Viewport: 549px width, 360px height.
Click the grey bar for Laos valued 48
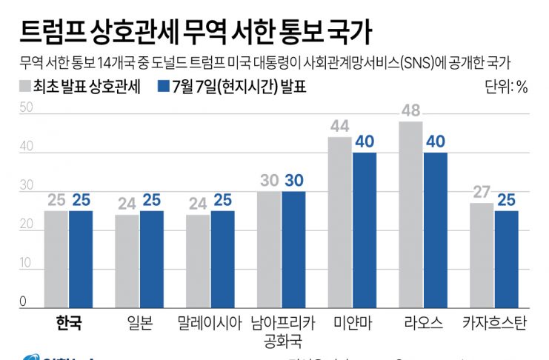point(411,215)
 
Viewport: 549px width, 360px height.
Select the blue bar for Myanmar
point(365,230)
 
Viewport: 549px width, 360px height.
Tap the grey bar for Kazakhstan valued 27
point(482,256)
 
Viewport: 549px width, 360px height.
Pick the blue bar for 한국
point(80,259)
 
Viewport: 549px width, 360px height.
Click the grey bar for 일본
point(127,261)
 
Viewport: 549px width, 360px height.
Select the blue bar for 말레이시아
point(222,259)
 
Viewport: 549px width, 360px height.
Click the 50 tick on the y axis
point(27,108)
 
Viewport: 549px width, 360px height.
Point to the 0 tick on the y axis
point(24,301)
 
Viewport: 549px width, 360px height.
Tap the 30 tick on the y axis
point(27,185)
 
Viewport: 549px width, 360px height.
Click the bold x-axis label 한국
point(68,323)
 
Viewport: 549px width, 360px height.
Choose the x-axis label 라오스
point(423,323)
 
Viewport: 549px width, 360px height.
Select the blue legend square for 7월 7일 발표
point(164,86)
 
